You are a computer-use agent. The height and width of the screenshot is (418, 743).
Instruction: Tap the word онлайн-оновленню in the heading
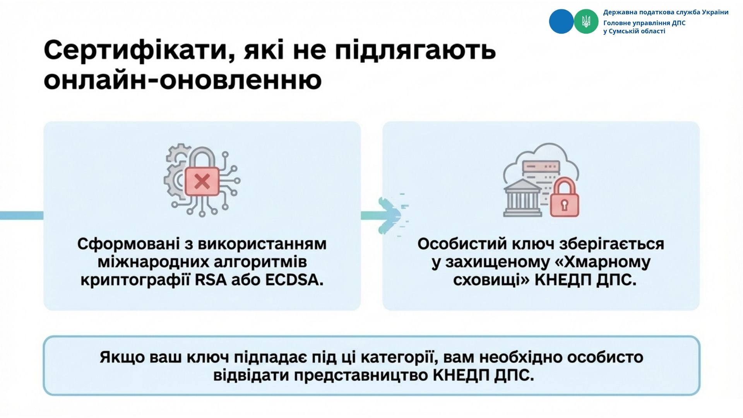pos(183,80)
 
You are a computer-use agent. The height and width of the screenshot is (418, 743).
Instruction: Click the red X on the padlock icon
pos(202,181)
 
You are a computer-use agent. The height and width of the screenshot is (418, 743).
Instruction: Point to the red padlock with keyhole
pos(564,197)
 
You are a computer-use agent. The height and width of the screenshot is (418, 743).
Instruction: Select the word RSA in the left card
pos(211,280)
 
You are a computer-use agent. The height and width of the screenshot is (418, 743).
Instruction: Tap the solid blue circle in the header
pos(561,21)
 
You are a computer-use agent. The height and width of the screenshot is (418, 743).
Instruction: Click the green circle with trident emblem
pos(586,21)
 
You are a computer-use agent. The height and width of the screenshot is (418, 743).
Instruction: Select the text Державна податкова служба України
pos(666,12)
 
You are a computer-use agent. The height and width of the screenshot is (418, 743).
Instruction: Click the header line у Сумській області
pos(634,31)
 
